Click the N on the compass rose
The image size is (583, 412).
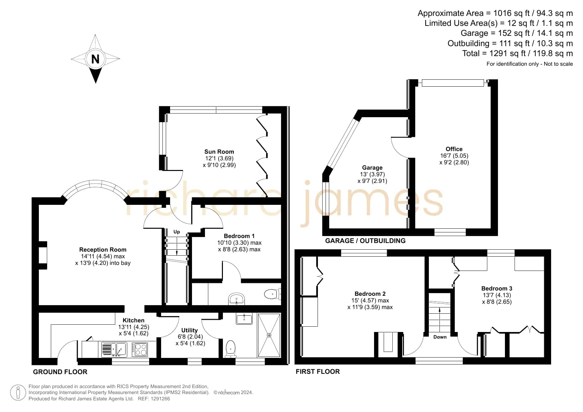click(x=95, y=59)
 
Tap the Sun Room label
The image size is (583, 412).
click(x=219, y=152)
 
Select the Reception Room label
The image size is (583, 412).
click(x=103, y=250)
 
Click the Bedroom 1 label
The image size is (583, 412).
click(x=239, y=236)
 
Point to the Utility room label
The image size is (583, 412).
click(x=189, y=330)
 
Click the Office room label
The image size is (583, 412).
click(x=454, y=149)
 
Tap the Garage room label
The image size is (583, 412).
click(x=372, y=168)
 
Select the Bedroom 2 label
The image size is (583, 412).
click(x=370, y=294)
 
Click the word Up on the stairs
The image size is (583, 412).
click(x=177, y=232)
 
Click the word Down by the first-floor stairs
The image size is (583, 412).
click(x=440, y=337)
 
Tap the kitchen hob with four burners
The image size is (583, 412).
click(x=140, y=349)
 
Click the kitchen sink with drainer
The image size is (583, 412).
click(x=114, y=350)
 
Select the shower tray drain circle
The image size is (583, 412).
click(x=269, y=335)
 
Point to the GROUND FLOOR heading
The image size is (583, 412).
click(x=60, y=372)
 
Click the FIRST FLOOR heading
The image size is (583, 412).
click(x=318, y=371)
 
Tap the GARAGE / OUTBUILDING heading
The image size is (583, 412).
click(x=365, y=241)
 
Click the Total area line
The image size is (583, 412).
click(x=518, y=53)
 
